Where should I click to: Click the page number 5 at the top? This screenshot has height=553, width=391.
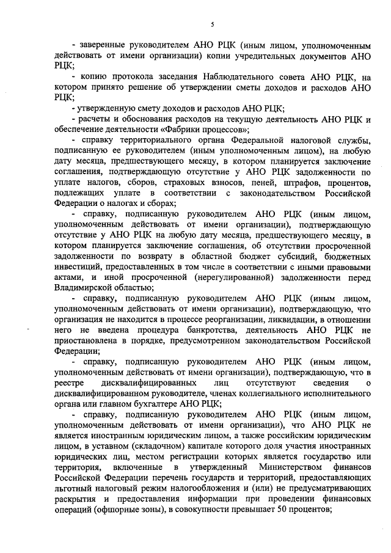point(211,24)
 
